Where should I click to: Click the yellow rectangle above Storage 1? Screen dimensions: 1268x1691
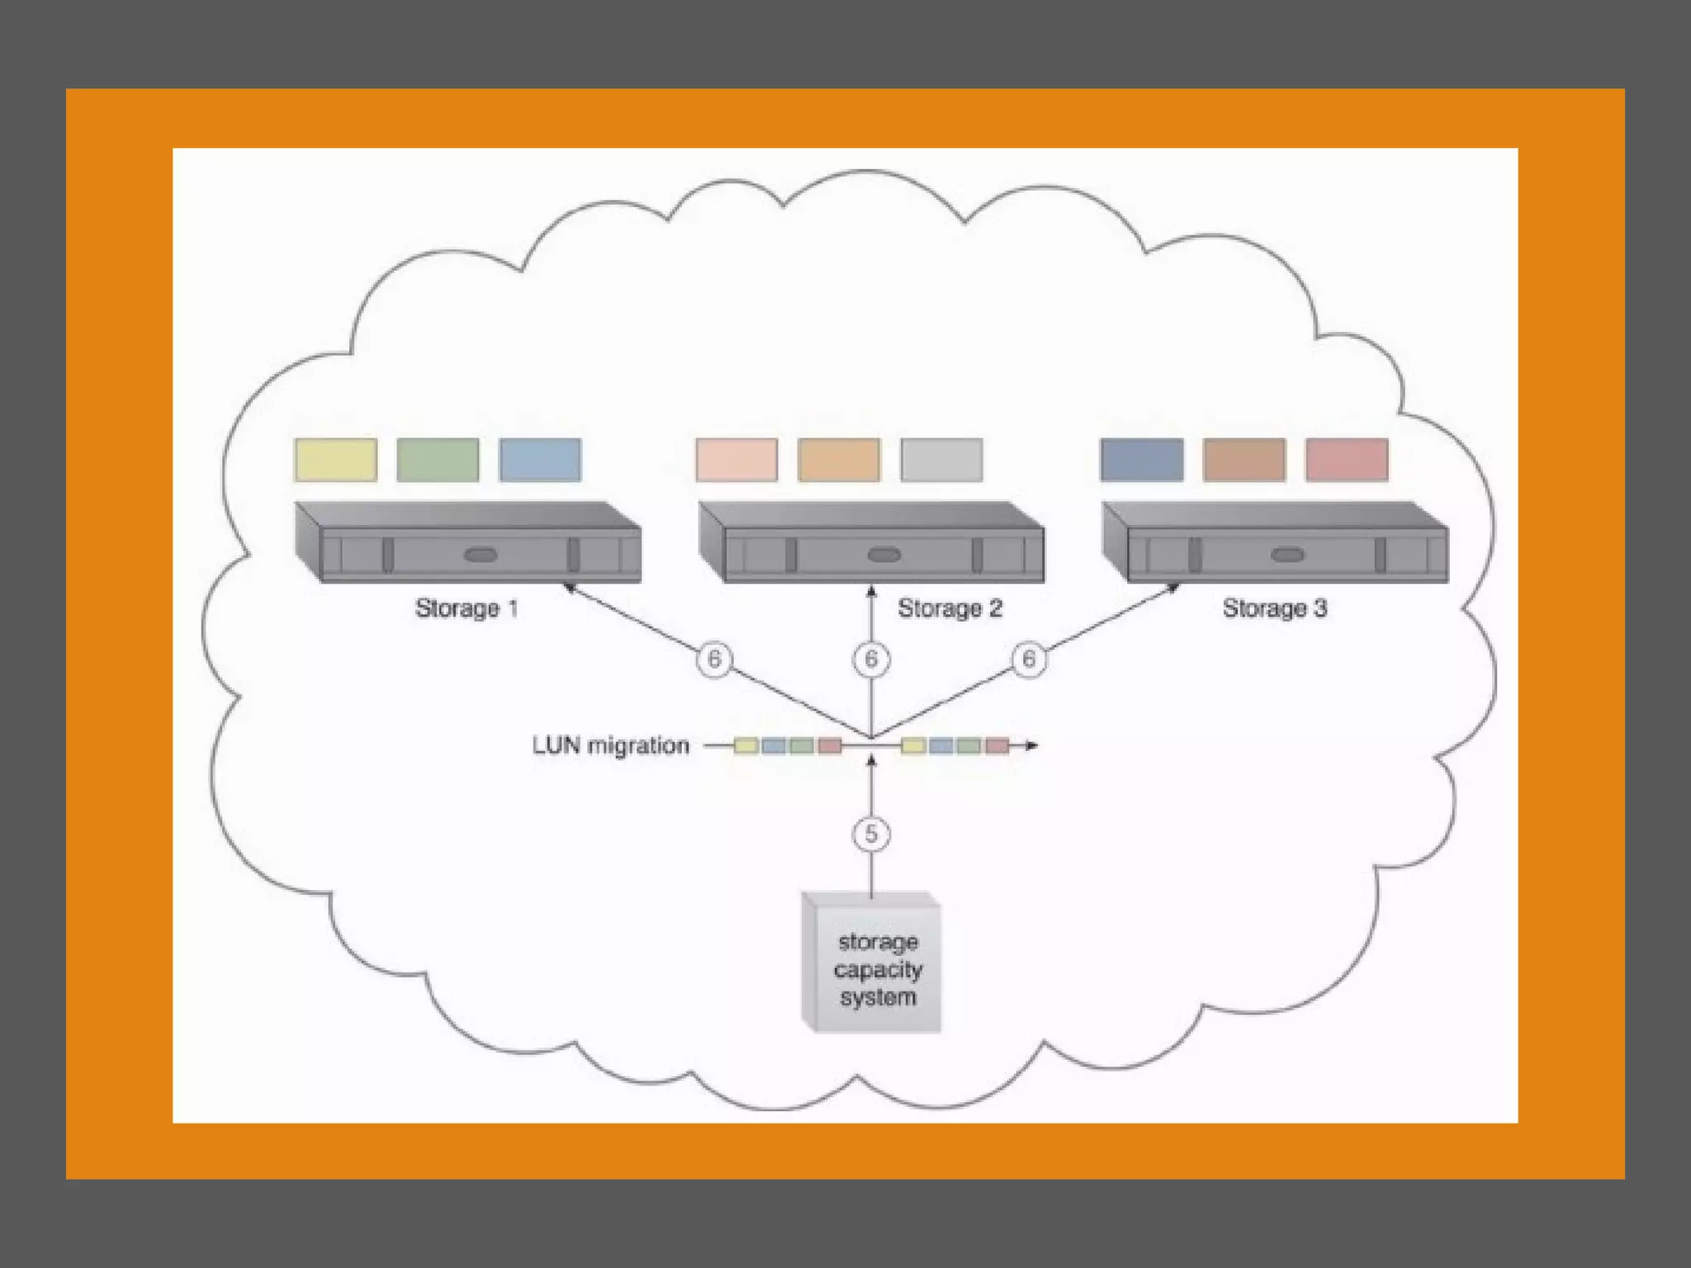[336, 460]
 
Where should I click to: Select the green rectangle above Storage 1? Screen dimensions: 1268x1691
[438, 460]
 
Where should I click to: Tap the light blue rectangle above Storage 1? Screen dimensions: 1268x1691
[540, 460]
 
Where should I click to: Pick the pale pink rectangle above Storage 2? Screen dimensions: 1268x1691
[737, 460]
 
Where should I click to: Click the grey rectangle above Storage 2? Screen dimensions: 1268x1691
[941, 460]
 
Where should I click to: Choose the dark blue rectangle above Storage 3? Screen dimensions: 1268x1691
[1142, 460]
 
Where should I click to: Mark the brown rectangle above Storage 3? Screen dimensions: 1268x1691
[1244, 460]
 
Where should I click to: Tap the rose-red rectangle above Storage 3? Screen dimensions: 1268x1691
[1347, 460]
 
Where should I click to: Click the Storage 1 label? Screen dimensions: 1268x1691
[467, 608]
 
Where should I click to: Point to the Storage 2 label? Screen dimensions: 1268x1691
[950, 608]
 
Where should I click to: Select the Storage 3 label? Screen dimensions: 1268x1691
[1274, 608]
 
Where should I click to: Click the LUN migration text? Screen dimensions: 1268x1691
[610, 745]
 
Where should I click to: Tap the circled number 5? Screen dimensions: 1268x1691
[871, 834]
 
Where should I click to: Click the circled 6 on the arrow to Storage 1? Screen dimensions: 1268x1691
[714, 659]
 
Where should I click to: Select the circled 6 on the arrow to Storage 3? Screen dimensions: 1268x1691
[1029, 659]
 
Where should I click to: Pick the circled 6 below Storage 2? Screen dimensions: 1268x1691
[871, 659]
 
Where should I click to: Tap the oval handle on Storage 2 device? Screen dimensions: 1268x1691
[884, 555]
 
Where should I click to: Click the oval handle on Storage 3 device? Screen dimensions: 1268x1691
[1287, 555]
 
